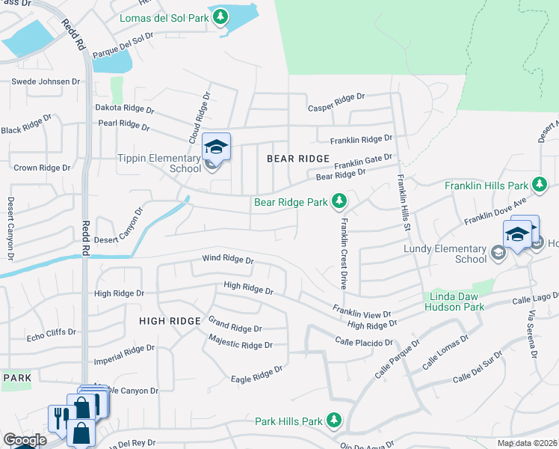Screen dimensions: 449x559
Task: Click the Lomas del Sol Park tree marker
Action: coord(220,15)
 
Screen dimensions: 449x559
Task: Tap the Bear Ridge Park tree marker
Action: coord(339,201)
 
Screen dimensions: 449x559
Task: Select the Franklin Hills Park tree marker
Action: coord(538,185)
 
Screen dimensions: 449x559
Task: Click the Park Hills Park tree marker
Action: coord(335,421)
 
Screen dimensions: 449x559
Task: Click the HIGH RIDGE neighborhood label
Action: coord(170,321)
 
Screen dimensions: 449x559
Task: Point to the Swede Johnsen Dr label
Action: coord(45,81)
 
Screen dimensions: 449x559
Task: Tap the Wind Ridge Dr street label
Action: coord(228,260)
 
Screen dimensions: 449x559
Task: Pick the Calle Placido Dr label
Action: coord(364,342)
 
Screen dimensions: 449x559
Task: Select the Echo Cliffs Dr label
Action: coord(51,334)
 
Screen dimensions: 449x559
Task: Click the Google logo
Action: coord(25,439)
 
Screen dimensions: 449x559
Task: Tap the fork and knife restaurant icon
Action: coord(58,417)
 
